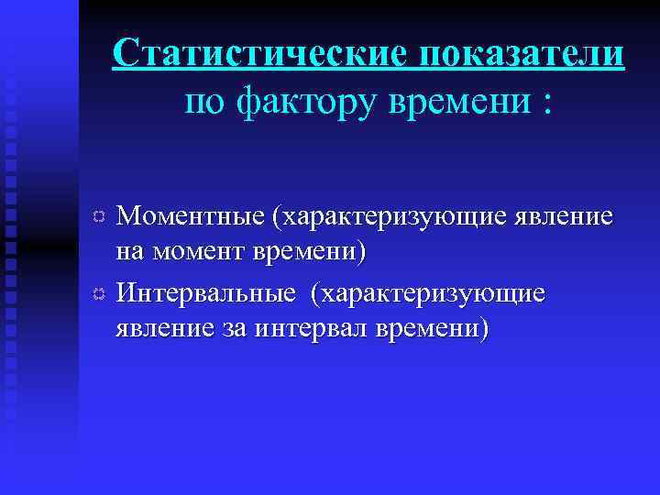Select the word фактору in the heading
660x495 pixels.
point(291,101)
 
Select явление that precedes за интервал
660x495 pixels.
point(162,326)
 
